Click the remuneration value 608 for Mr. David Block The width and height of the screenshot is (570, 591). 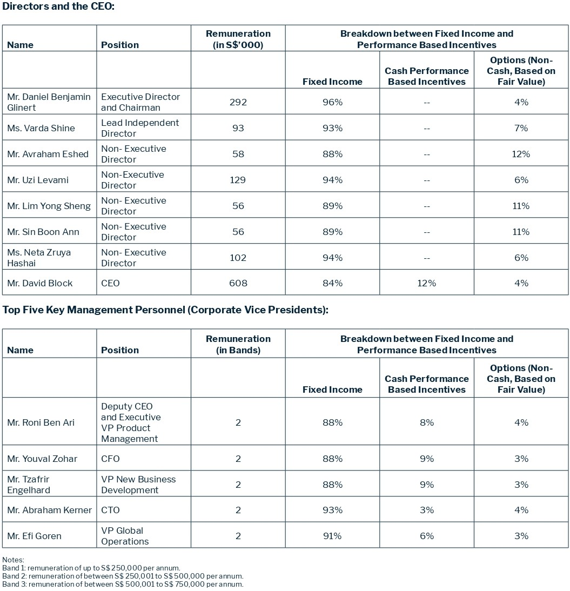[x=238, y=283]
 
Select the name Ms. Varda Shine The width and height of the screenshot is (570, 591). [x=41, y=128]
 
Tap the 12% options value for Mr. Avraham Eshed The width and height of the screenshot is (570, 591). [x=521, y=154]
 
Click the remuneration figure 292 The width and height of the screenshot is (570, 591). [x=238, y=102]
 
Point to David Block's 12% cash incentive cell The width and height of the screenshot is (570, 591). [x=426, y=283]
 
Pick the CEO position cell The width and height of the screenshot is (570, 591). [x=110, y=283]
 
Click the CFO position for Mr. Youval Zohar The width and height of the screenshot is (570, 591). [x=110, y=459]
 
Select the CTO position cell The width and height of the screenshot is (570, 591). [x=110, y=510]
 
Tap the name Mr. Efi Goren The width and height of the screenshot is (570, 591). [x=34, y=536]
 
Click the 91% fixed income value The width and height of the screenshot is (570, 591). [x=332, y=536]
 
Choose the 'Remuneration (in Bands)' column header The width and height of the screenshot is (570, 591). [x=238, y=344]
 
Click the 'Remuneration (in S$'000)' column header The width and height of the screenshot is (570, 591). [x=238, y=39]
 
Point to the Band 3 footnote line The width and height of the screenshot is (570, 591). [x=123, y=584]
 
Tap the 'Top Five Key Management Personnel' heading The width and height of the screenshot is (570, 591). [x=165, y=310]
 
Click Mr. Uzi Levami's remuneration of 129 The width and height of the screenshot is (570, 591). [x=238, y=180]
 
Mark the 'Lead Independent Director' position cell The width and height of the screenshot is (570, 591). [x=139, y=128]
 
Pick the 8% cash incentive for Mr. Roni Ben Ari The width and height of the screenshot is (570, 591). [x=426, y=422]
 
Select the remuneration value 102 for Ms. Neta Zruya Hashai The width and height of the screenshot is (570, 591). [x=238, y=258]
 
